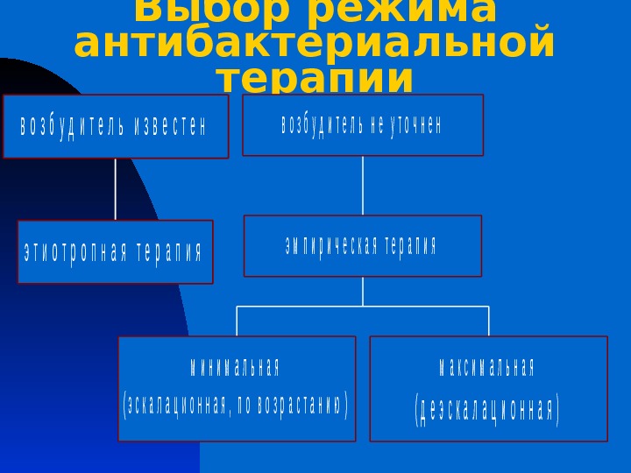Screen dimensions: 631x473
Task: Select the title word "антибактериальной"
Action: (x=315, y=44)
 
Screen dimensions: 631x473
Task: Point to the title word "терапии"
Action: (x=315, y=80)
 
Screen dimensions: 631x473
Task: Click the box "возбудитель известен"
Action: (x=116, y=126)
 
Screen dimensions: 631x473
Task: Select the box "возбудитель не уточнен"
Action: (x=362, y=124)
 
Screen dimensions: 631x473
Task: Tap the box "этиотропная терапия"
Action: (x=115, y=251)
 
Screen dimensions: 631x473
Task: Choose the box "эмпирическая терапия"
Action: (x=362, y=245)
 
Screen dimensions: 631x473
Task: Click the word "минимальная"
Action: (x=236, y=366)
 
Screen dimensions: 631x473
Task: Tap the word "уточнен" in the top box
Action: (x=415, y=125)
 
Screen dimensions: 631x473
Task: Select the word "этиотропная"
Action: (x=75, y=252)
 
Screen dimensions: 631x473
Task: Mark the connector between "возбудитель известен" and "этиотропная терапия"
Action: (x=116, y=189)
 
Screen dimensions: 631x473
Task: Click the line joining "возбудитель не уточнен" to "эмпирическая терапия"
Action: (x=363, y=186)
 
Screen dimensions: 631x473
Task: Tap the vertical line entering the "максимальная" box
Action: (x=488, y=321)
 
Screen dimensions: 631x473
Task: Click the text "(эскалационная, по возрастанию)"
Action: (x=236, y=406)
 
